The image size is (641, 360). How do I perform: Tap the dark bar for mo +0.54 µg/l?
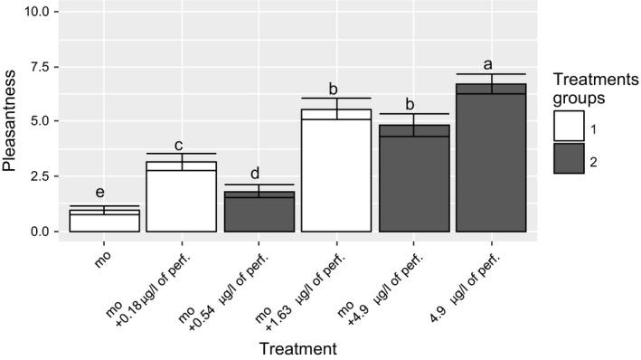[x=259, y=213]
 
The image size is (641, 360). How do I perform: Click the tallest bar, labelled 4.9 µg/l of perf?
[x=491, y=158]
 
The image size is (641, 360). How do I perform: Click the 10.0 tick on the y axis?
[x=44, y=13]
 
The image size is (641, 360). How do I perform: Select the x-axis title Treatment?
[x=297, y=347]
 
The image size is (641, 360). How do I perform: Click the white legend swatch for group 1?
[x=569, y=130]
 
